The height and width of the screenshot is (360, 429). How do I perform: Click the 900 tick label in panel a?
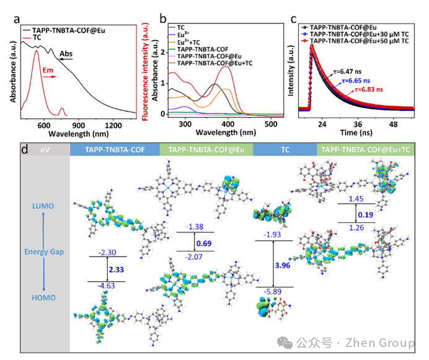pos(78,125)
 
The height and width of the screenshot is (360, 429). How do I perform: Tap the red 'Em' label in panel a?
pos(48,70)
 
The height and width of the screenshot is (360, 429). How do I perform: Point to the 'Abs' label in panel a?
pos(66,54)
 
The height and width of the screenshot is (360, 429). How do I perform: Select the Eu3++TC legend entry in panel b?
pos(188,42)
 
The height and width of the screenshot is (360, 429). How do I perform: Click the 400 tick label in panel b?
pos(228,124)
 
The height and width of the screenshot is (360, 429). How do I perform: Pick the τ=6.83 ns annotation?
pos(369,89)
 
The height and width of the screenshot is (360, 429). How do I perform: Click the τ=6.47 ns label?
pos(347,72)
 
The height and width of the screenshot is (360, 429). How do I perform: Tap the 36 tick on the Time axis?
pos(358,125)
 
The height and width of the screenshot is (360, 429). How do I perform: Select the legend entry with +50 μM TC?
pos(359,41)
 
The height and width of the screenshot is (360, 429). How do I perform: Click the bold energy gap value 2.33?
pos(117,270)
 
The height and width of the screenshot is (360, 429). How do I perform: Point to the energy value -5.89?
pos(273,292)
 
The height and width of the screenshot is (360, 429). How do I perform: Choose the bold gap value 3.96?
pos(282,265)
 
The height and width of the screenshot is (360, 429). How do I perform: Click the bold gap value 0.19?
pos(366,215)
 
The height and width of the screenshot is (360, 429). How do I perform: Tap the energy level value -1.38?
pos(195,227)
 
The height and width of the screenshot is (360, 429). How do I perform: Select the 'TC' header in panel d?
pos(285,149)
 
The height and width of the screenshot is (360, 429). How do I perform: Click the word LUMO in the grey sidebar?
pos(43,206)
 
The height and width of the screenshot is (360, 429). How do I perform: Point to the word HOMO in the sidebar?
pos(44,297)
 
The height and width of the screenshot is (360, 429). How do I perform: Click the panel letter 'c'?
pos(294,19)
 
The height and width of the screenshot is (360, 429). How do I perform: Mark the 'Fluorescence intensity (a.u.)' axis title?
pos(145,72)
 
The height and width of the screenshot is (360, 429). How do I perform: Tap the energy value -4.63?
pos(106,286)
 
